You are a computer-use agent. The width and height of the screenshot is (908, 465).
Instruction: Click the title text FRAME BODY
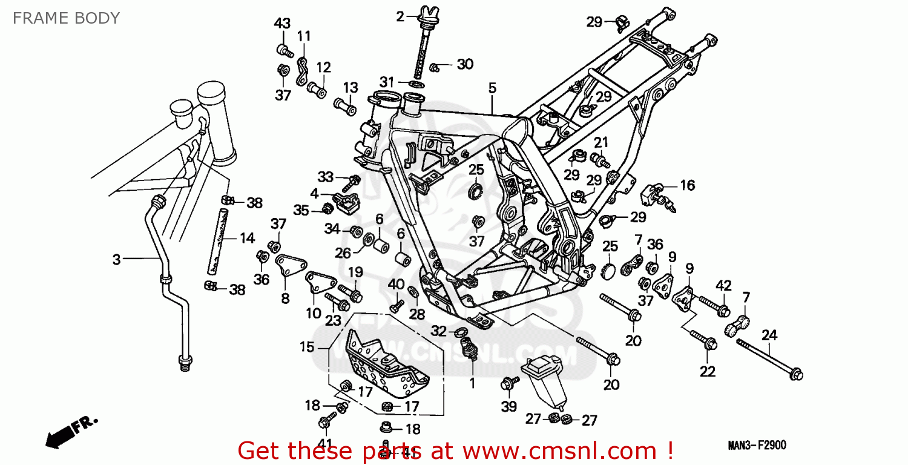point(66,18)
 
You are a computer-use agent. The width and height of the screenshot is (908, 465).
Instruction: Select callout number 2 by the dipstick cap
point(400,17)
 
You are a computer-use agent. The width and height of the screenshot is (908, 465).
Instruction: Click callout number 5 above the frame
point(492,88)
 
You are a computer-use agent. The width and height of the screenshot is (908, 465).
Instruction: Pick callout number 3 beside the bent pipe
point(116,260)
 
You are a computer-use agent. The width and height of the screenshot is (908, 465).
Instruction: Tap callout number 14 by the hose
point(247,238)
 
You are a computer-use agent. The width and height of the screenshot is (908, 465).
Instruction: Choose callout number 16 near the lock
point(687,185)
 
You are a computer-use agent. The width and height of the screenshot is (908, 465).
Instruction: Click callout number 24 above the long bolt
point(769,335)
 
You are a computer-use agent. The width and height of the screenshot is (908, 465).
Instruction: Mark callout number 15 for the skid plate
point(307,347)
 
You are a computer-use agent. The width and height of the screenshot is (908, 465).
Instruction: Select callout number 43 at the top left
point(282,24)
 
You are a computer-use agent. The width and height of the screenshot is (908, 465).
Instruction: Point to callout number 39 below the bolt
point(508,406)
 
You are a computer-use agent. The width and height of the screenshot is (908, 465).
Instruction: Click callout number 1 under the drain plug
point(472,383)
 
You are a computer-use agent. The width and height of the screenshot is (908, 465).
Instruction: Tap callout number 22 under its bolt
point(708,371)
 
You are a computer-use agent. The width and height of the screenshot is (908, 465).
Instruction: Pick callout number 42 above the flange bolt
point(723,285)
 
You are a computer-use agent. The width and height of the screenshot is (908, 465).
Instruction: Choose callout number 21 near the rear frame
point(600,142)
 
